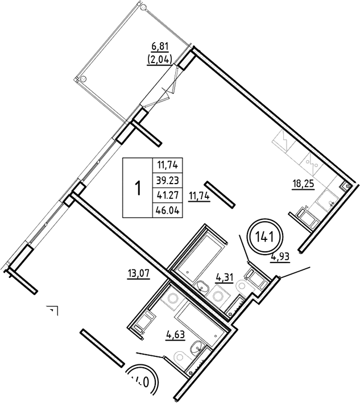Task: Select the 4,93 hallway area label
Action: point(281,256)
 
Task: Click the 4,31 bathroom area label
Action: point(224,277)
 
